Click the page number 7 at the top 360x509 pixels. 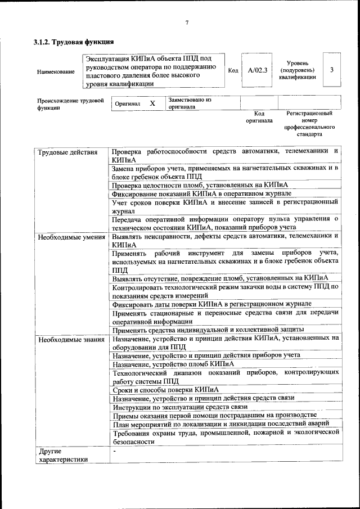[x=186, y=23]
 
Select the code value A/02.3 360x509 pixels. [x=257, y=70]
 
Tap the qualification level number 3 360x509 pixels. [x=332, y=70]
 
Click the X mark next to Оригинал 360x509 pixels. [x=152, y=103]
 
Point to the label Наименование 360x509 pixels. [x=55, y=71]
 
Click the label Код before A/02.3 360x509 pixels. [x=233, y=70]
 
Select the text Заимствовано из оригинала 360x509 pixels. [x=188, y=102]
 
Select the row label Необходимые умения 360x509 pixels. [x=71, y=237]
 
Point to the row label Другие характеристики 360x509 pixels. [x=62, y=454]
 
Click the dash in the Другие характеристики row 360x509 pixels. [x=114, y=451]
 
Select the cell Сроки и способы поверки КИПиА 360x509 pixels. [x=165, y=389]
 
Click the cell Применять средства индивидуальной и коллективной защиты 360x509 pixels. [x=208, y=329]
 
